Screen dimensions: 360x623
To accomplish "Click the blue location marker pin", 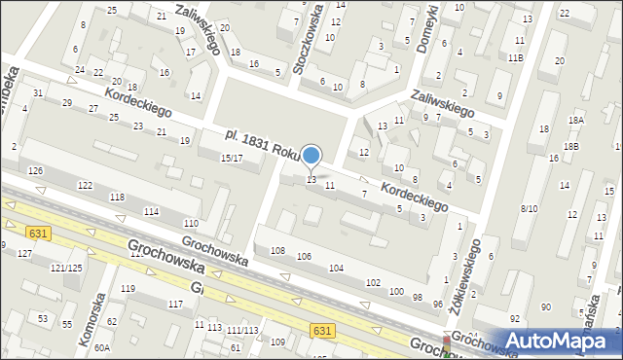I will click(x=311, y=157).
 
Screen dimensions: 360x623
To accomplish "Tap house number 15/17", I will click(x=231, y=158).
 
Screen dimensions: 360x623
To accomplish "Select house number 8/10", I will click(x=530, y=208).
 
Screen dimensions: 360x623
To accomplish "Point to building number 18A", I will click(x=576, y=120).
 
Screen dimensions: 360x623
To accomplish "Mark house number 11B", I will click(x=515, y=58).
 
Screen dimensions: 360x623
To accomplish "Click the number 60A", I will click(x=102, y=347).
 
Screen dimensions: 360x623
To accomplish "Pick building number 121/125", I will click(x=66, y=268).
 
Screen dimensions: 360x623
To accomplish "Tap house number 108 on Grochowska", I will click(x=277, y=251).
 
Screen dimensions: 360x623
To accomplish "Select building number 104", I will click(x=337, y=268).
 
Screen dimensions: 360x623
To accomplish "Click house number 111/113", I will click(x=241, y=331).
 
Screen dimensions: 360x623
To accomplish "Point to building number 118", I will click(x=117, y=198).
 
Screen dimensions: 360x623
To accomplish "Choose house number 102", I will click(x=373, y=282).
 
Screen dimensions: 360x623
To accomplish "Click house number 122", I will click(x=86, y=185).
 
